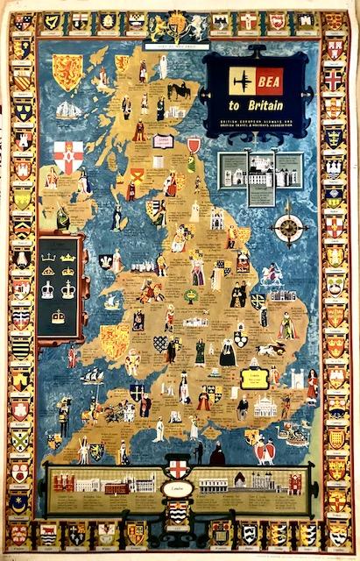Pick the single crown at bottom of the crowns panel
[59, 316]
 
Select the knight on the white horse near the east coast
[272, 275]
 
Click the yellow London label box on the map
[255, 378]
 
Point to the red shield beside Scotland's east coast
[194, 145]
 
